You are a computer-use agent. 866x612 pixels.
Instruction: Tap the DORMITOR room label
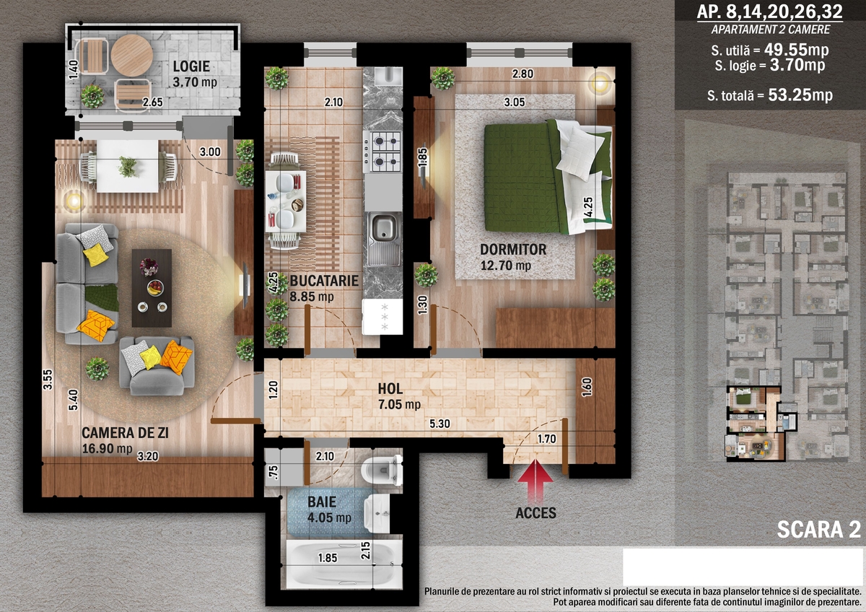(x=513, y=250)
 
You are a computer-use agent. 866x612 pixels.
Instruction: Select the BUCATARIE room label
(x=324, y=281)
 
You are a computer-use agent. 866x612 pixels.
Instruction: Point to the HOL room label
(x=390, y=389)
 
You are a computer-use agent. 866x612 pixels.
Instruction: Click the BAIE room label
(x=322, y=502)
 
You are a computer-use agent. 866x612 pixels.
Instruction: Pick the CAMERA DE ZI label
(x=125, y=433)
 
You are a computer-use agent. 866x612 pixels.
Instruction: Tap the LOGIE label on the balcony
(x=191, y=66)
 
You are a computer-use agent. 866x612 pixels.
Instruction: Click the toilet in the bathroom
(x=382, y=470)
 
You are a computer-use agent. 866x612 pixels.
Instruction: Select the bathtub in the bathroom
(x=344, y=564)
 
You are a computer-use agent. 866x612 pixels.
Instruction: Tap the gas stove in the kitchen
(x=382, y=152)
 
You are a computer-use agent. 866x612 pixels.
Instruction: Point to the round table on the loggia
(x=131, y=56)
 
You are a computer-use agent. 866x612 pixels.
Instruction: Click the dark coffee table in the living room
(x=152, y=288)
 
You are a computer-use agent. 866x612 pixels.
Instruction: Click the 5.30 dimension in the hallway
(x=439, y=424)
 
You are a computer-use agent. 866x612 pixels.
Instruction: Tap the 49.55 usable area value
(x=786, y=49)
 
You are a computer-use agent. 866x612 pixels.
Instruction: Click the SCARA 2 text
(x=819, y=530)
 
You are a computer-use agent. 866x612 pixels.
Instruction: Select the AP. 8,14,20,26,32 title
(x=770, y=12)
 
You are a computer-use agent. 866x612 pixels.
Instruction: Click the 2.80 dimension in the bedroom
(x=522, y=74)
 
